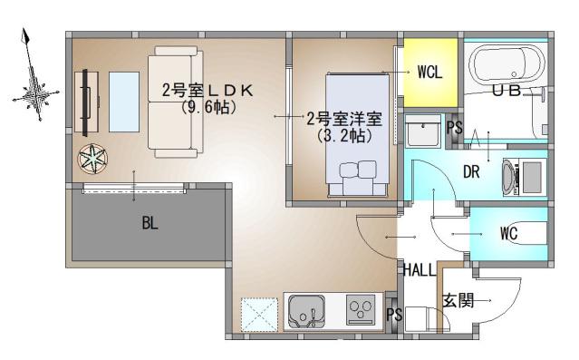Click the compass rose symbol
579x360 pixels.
pos(34,91)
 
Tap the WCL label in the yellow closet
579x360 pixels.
pos(429,73)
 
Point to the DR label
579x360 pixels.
pos(471,172)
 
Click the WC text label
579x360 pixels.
pos(509,233)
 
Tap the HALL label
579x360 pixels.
pos(420,270)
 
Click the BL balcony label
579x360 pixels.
pos(150,224)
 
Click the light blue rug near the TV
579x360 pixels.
pos(122,99)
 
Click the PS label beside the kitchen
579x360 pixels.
pos(393,315)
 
